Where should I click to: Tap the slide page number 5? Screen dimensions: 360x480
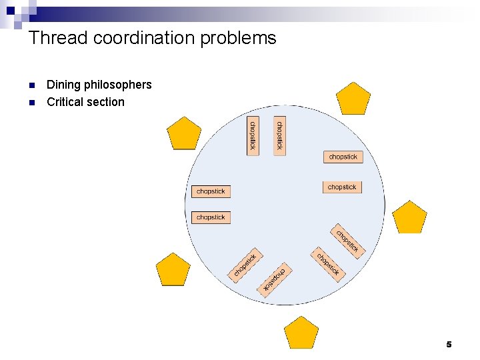click(x=449, y=344)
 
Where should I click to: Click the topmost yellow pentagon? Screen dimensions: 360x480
click(x=353, y=99)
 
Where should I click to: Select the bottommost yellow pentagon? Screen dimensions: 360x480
click(x=301, y=333)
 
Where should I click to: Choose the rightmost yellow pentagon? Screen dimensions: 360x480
click(x=409, y=217)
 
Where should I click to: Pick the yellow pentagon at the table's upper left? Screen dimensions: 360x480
click(x=183, y=133)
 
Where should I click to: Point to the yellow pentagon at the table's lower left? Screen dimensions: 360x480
click(x=173, y=270)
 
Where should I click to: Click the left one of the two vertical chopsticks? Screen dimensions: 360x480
click(x=253, y=136)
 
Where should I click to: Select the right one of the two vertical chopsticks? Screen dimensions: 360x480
click(x=279, y=136)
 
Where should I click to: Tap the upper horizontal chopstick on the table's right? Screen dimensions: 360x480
click(x=343, y=157)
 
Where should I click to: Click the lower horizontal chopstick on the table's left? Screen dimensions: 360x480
click(x=211, y=217)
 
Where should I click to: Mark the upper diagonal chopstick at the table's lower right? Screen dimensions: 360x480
click(x=347, y=241)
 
